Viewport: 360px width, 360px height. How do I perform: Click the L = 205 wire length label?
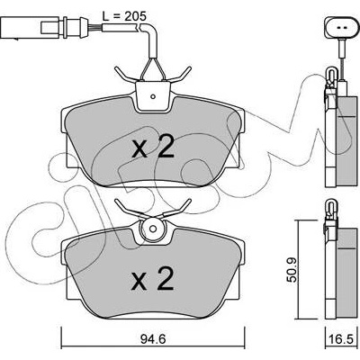(124, 15)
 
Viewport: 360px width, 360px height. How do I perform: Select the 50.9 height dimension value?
(292, 269)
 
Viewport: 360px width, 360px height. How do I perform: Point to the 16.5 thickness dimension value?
(345, 340)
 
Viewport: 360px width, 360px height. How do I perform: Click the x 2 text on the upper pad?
(153, 147)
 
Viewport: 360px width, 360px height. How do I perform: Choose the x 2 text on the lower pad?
(153, 278)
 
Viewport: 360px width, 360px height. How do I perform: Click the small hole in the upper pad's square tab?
(153, 96)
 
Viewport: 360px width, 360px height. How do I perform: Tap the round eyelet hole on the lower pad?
(153, 229)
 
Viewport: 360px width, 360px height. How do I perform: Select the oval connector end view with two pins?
(341, 28)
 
